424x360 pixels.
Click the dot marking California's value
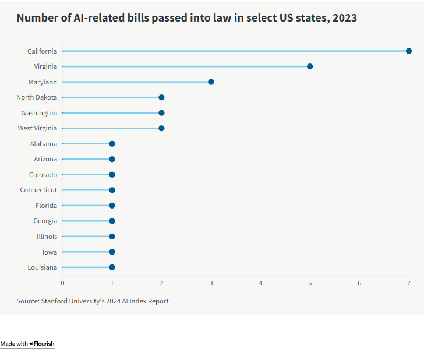[409, 51]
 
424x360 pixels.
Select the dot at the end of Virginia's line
[310, 66]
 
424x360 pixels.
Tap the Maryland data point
[211, 82]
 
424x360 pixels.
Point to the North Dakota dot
[161, 97]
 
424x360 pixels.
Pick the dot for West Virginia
[161, 128]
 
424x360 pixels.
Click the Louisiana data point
[112, 267]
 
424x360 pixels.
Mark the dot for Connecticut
[112, 190]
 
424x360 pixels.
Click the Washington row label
[39, 113]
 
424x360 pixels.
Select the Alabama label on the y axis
[44, 144]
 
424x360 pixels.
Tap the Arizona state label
[45, 159]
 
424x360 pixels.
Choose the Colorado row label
[43, 175]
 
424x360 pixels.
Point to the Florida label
[46, 206]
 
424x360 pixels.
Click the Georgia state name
[45, 221]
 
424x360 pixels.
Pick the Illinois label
[47, 237]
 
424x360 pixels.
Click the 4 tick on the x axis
[260, 283]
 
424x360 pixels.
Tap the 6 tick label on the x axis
[359, 283]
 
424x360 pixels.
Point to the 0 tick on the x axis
[63, 283]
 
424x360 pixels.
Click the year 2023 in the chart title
[344, 18]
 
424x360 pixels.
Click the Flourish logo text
[42, 344]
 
